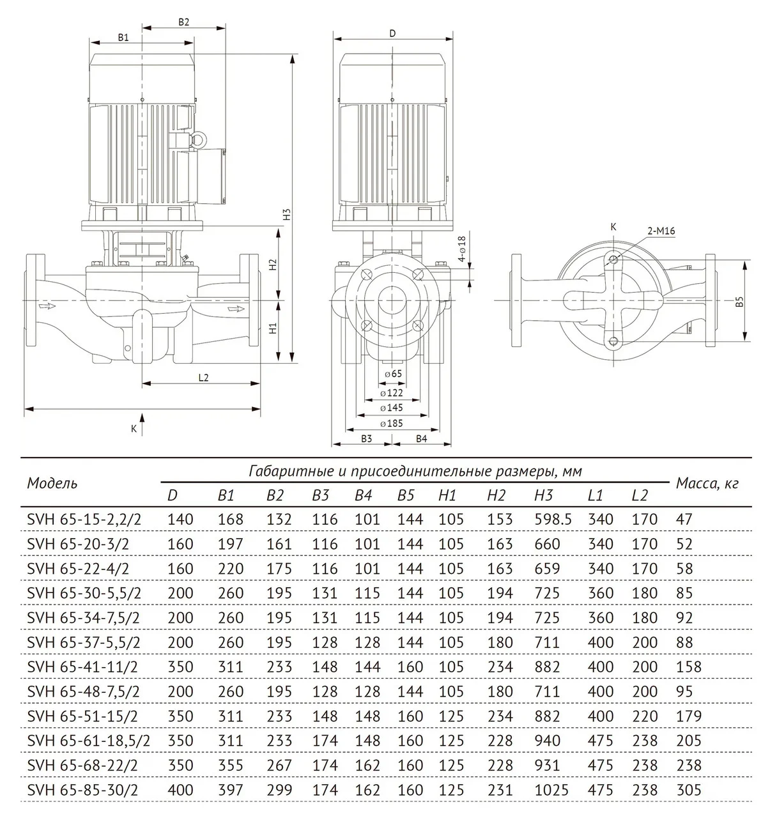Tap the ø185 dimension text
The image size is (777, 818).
(391, 424)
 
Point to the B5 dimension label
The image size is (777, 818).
(739, 302)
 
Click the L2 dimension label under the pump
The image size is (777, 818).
(203, 377)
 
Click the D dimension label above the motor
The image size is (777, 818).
(392, 33)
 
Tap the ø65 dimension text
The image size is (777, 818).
(393, 373)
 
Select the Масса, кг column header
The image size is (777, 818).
(707, 484)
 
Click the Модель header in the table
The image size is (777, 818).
(52, 483)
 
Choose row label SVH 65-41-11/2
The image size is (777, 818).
(82, 667)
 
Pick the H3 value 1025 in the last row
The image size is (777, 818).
(551, 790)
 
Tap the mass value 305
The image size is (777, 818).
(688, 790)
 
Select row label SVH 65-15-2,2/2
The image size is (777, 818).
(84, 520)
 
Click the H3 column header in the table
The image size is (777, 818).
(543, 495)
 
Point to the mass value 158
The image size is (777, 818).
(688, 667)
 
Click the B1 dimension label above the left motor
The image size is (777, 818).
(123, 37)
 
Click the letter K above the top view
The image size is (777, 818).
(613, 226)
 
